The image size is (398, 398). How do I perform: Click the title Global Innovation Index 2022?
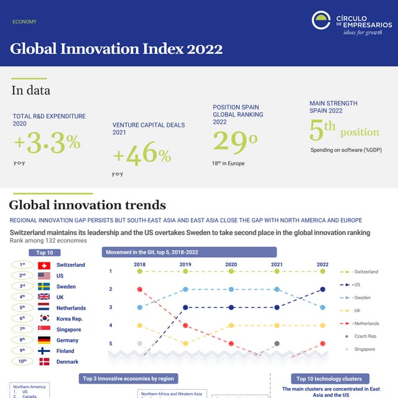pyautogui.click(x=116, y=49)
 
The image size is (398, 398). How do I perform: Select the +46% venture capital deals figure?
pyautogui.click(x=142, y=154)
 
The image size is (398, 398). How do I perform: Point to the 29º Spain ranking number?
pyautogui.click(x=235, y=142)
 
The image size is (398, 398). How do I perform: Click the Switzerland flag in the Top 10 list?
pyautogui.click(x=44, y=265)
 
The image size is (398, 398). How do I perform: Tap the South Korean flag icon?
pyautogui.click(x=44, y=318)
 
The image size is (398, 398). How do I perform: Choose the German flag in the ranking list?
pyautogui.click(x=44, y=340)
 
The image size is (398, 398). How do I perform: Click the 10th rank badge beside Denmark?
pyautogui.click(x=22, y=361)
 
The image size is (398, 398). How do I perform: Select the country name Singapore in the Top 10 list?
pyautogui.click(x=68, y=330)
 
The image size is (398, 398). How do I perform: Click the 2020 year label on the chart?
pyautogui.click(x=231, y=264)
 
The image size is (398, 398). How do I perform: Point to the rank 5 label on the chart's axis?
pyautogui.click(x=111, y=343)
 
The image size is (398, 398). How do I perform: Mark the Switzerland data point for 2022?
pyautogui.click(x=322, y=271)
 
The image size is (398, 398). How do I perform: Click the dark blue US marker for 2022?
pyautogui.click(x=322, y=289)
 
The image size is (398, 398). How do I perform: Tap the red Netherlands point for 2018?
pyautogui.click(x=140, y=289)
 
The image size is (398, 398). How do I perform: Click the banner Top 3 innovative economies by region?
pyautogui.click(x=127, y=378)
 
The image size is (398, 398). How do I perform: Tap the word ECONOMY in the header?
pyautogui.click(x=24, y=22)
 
